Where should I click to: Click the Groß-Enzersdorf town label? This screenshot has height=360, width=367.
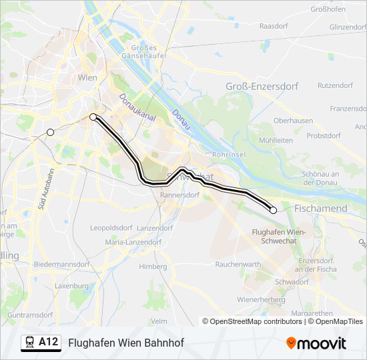click(262, 87)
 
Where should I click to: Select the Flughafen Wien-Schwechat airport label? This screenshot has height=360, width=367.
click(279, 235)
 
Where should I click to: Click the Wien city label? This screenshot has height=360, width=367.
click(88, 78)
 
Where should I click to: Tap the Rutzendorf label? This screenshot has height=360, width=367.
click(335, 85)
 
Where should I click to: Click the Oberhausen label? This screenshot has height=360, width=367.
click(294, 121)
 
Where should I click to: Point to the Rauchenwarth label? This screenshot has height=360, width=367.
click(238, 264)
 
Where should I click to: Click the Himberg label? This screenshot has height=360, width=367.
click(153, 267)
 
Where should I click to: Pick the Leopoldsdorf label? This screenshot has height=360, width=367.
click(112, 227)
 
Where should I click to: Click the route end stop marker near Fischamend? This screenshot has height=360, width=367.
click(273, 210)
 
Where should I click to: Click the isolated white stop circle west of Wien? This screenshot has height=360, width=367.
click(50, 132)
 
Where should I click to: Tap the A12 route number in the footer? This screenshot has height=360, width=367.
click(48, 342)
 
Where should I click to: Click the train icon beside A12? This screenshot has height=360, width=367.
click(30, 343)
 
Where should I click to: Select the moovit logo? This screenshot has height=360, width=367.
click(316, 343)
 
